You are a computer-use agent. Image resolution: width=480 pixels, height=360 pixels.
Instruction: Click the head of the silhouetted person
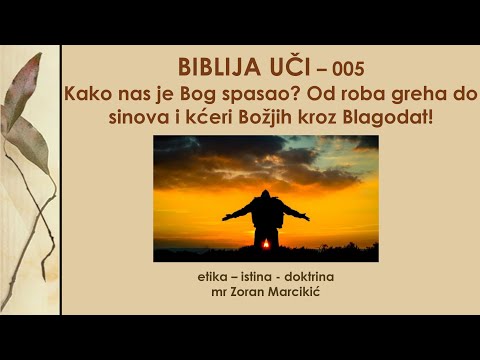pyautogui.click(x=265, y=195)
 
